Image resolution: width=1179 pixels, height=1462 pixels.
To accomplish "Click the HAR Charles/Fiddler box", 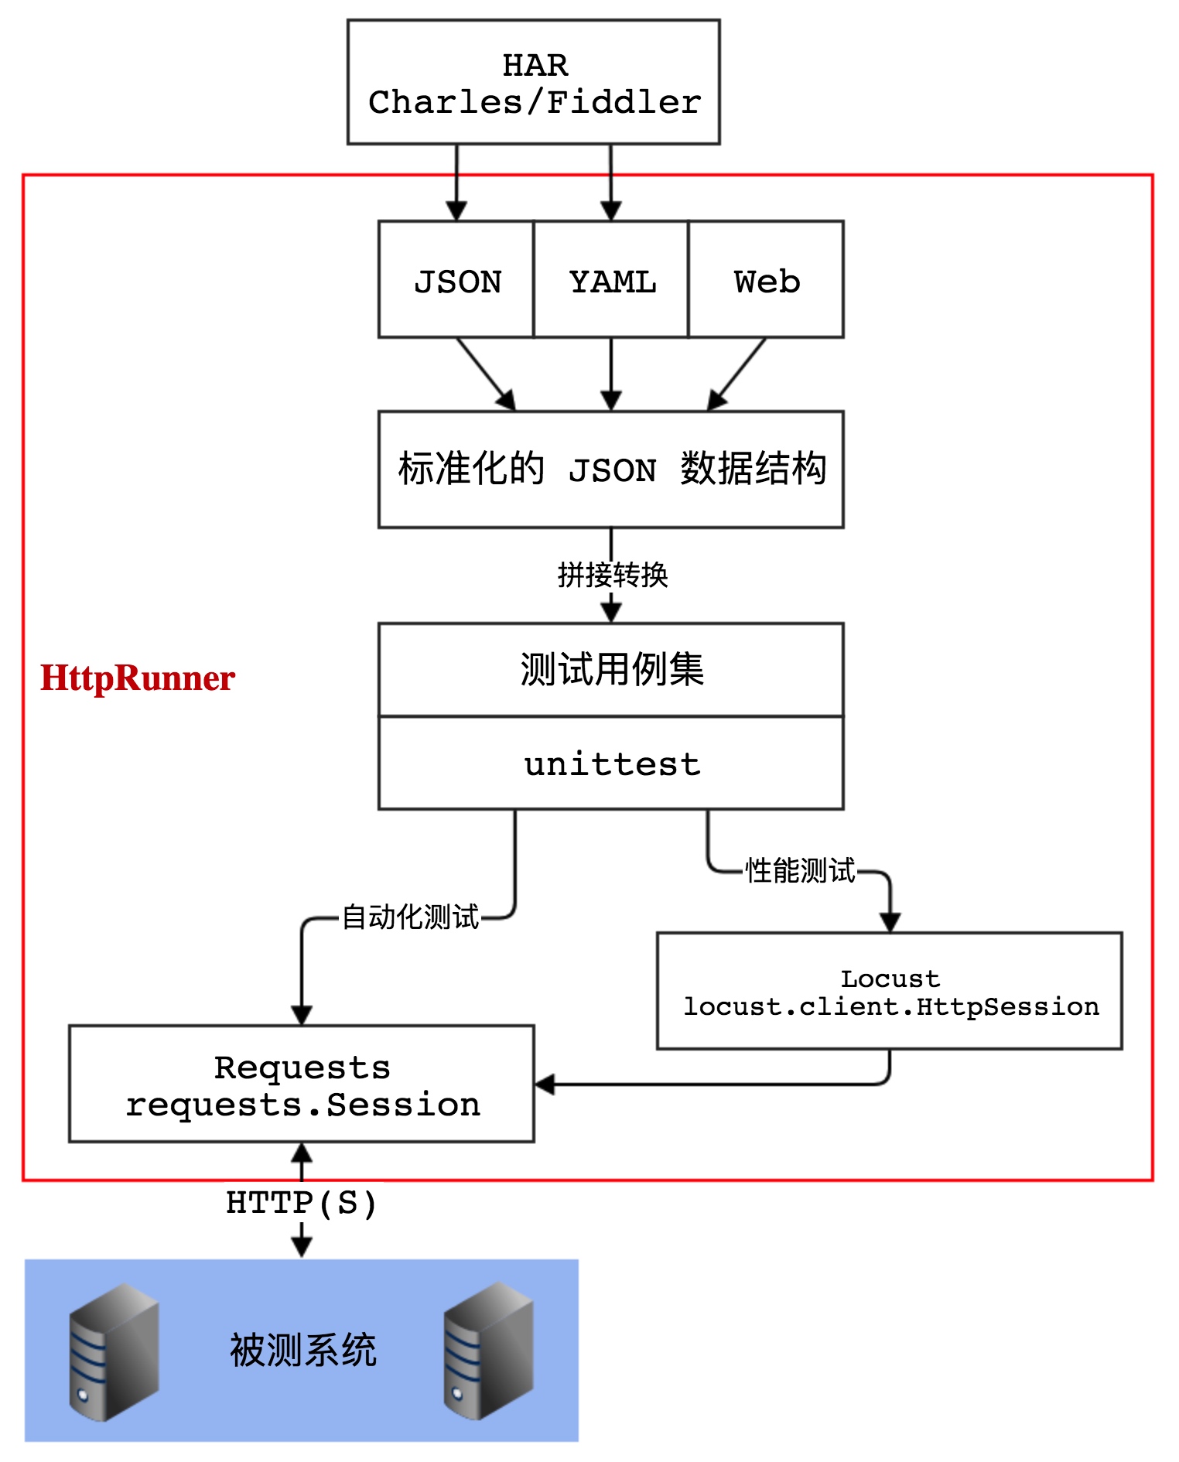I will click(534, 82).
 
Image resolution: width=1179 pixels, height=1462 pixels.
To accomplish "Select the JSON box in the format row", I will click(456, 279).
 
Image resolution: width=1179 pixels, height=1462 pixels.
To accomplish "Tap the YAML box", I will click(611, 279).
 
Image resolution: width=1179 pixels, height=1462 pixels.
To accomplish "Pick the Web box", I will click(766, 279).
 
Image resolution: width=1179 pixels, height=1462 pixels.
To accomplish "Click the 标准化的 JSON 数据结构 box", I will click(611, 469).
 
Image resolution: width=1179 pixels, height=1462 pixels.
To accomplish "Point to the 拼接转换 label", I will click(613, 575).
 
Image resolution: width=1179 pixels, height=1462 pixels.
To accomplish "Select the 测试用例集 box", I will click(611, 669).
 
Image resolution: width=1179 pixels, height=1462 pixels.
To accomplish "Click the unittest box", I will click(611, 763).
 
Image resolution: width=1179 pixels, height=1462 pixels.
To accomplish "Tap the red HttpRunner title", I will click(138, 678).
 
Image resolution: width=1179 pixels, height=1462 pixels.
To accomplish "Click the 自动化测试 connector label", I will click(411, 917).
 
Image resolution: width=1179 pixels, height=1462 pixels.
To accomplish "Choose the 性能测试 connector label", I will click(800, 871).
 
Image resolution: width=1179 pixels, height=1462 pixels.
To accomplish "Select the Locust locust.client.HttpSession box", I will click(890, 991).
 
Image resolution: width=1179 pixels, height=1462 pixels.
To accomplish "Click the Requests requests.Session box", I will click(302, 1084).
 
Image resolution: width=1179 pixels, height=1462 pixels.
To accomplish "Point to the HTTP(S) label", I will click(302, 1203).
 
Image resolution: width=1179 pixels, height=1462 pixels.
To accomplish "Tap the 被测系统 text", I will click(302, 1351).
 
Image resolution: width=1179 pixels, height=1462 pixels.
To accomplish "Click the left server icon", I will click(114, 1352).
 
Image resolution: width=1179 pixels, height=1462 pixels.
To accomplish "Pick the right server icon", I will click(489, 1351).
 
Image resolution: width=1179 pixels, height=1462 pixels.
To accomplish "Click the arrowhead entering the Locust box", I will click(890, 923).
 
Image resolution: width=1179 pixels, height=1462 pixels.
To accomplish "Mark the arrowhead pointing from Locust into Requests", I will click(545, 1084).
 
